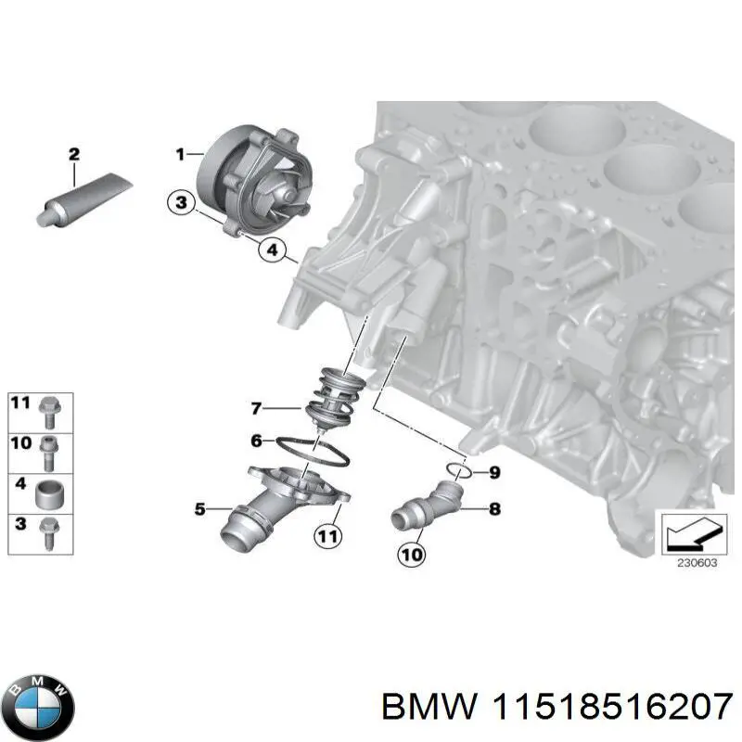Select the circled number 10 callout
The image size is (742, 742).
412,555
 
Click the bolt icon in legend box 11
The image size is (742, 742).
50,406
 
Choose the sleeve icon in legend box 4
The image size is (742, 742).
50,492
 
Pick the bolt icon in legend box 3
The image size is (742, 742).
50,532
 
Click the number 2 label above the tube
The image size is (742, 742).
73,154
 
